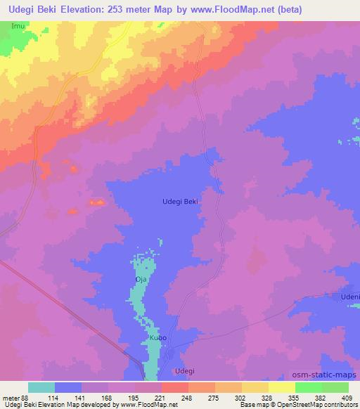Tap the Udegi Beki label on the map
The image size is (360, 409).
point(180,201)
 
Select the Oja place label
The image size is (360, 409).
point(141,280)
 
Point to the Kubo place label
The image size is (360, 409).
point(157,338)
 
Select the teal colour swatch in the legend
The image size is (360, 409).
point(41,387)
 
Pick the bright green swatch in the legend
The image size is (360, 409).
point(309,387)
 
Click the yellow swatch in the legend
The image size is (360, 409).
point(282,387)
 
